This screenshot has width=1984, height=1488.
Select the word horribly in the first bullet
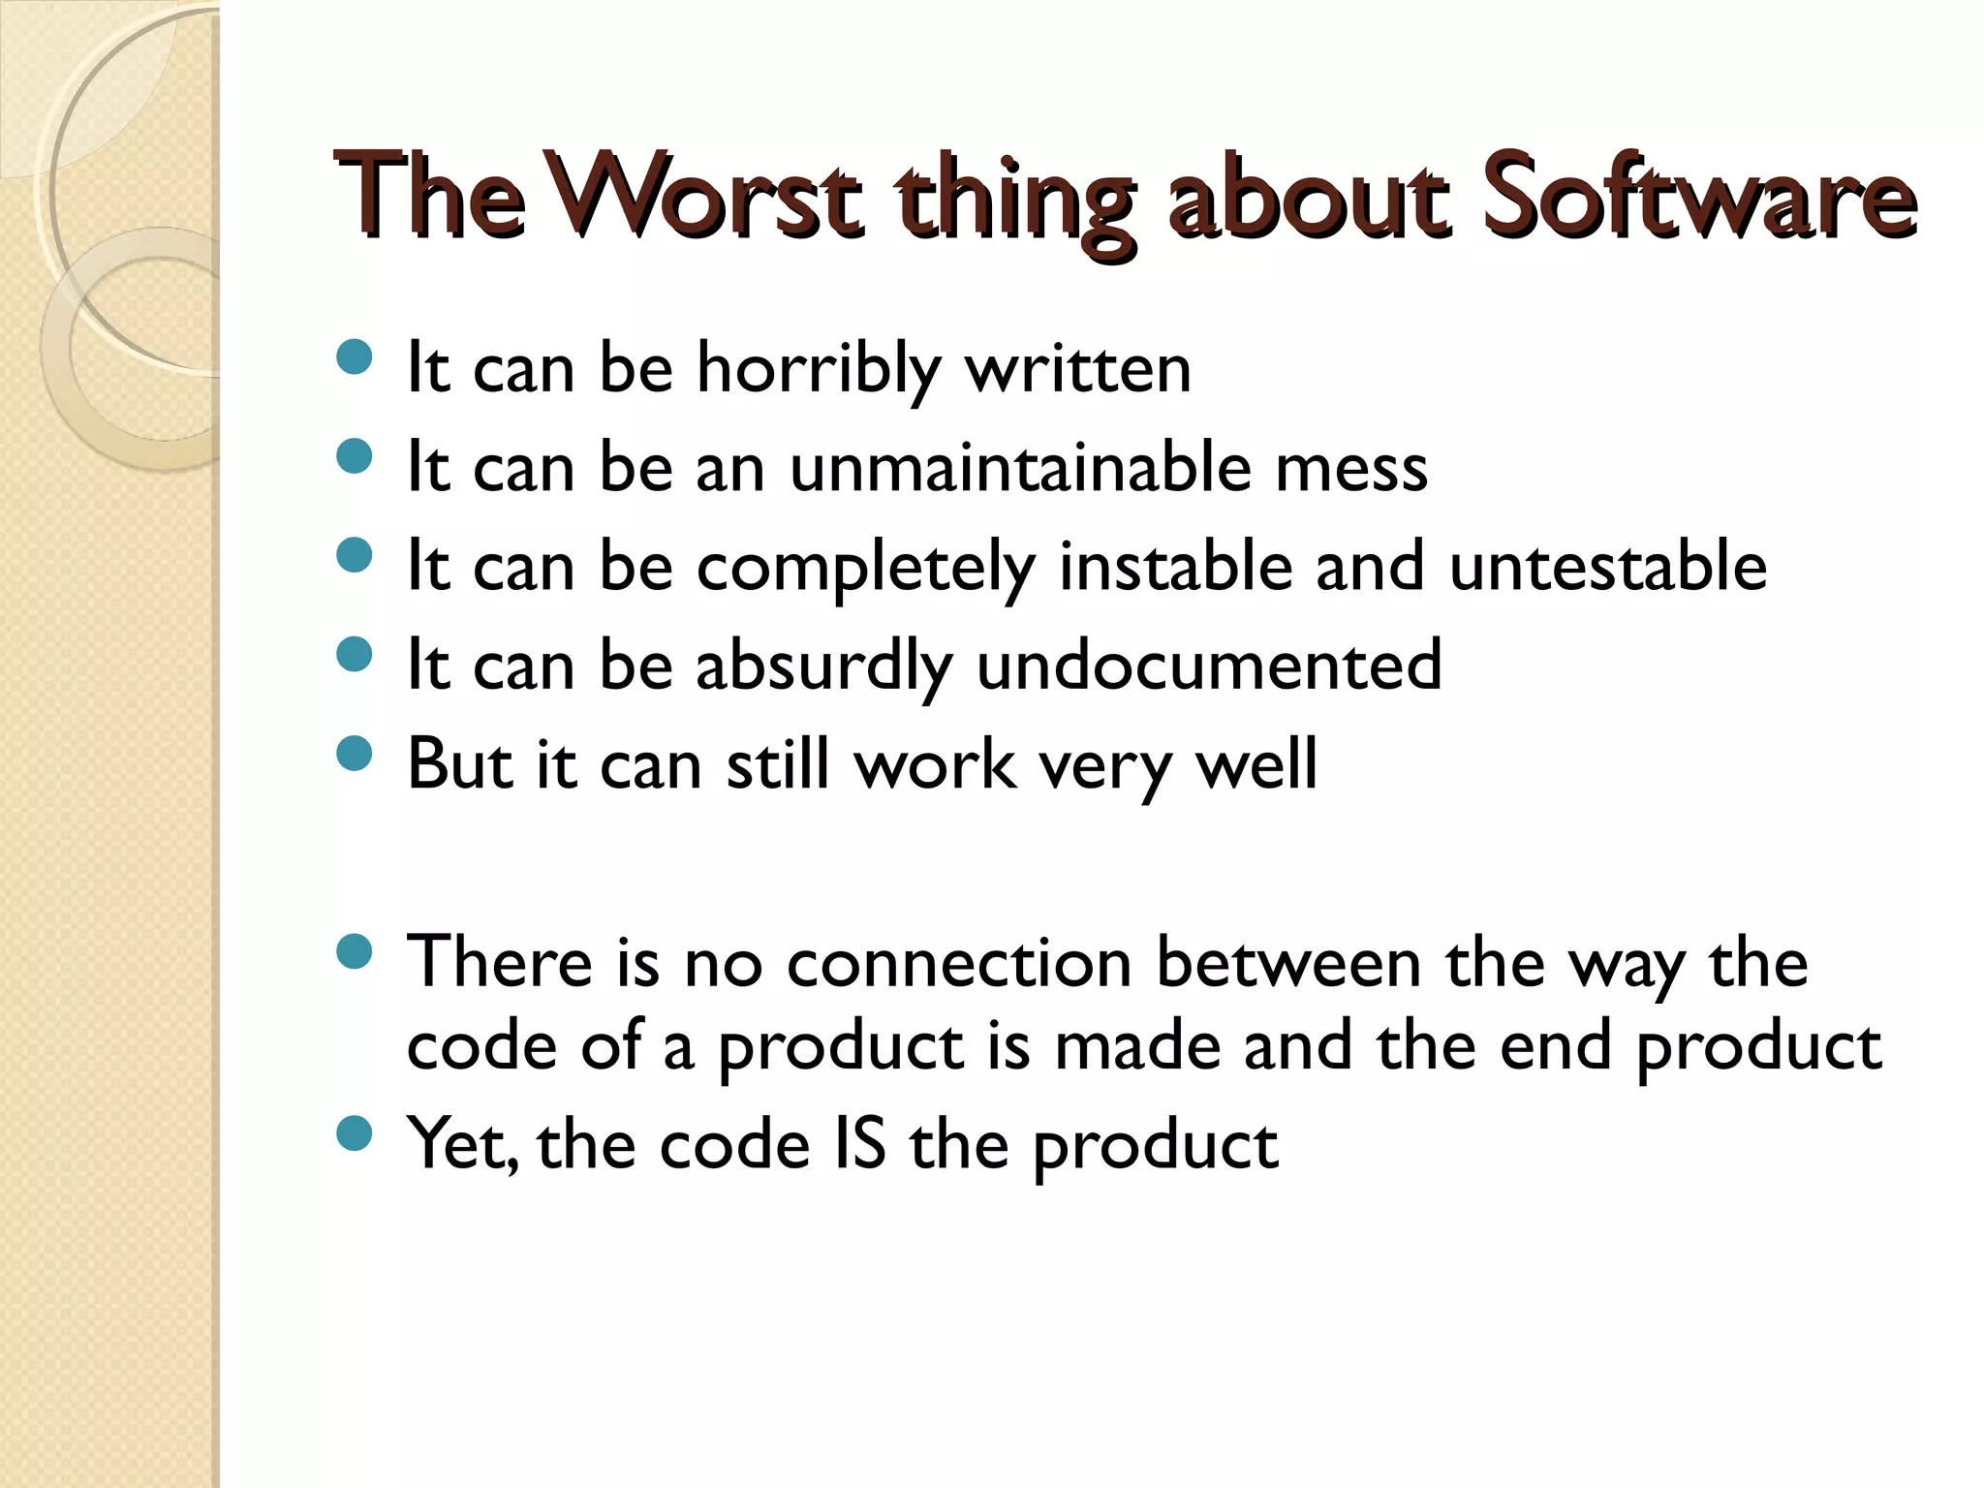pyautogui.click(x=819, y=369)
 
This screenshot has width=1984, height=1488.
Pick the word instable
pyautogui.click(x=1176, y=566)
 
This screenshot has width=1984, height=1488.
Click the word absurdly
pyautogui.click(x=824, y=666)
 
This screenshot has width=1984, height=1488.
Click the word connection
pyautogui.click(x=959, y=963)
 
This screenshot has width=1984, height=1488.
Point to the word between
pyautogui.click(x=1288, y=963)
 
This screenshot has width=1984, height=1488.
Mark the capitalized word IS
pyautogui.click(x=859, y=1144)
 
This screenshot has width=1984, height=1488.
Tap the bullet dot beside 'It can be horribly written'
pyautogui.click(x=355, y=357)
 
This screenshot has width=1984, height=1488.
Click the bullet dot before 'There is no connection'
pyautogui.click(x=355, y=951)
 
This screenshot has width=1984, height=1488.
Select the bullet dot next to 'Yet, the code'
pyautogui.click(x=355, y=1132)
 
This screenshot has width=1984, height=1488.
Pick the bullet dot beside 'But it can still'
pyautogui.click(x=355, y=753)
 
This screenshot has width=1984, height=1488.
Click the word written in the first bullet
pyautogui.click(x=1078, y=369)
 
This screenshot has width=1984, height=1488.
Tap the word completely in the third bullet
pyautogui.click(x=866, y=568)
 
